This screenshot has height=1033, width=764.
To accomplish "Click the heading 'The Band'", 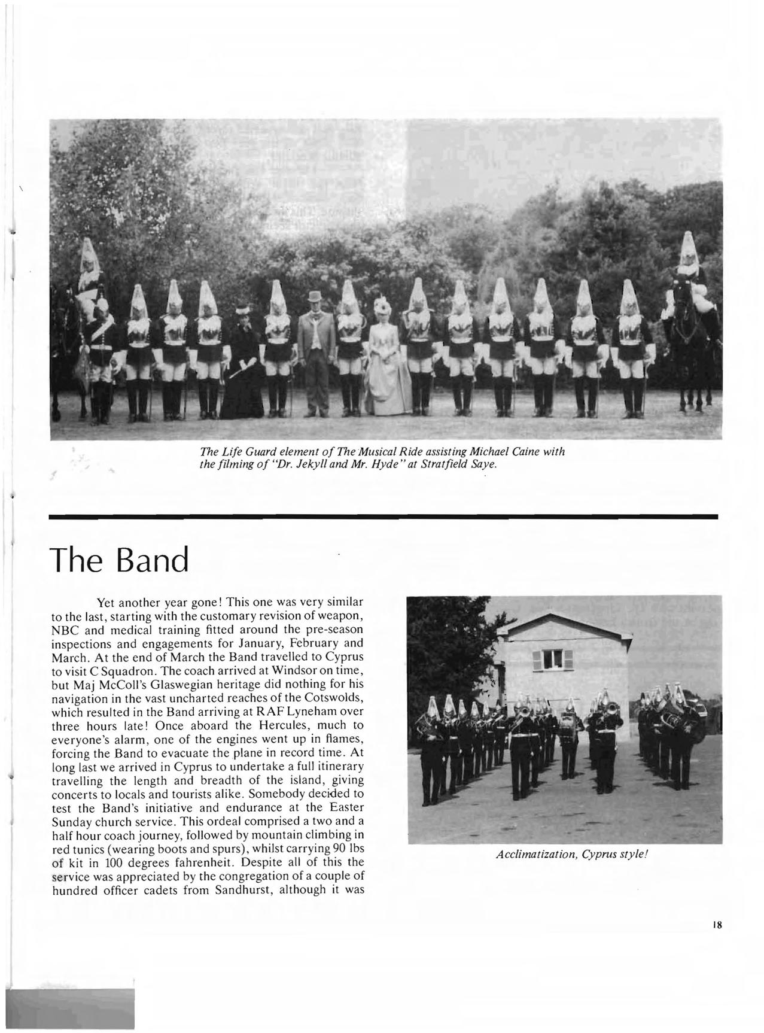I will tap(120, 560).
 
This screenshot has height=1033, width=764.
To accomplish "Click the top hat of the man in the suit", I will tap(315, 297).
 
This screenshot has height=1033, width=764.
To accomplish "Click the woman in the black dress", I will tap(243, 365).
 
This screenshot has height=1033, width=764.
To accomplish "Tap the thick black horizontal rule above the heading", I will tap(383, 516).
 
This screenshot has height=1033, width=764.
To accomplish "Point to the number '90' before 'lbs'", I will tap(330, 849).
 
